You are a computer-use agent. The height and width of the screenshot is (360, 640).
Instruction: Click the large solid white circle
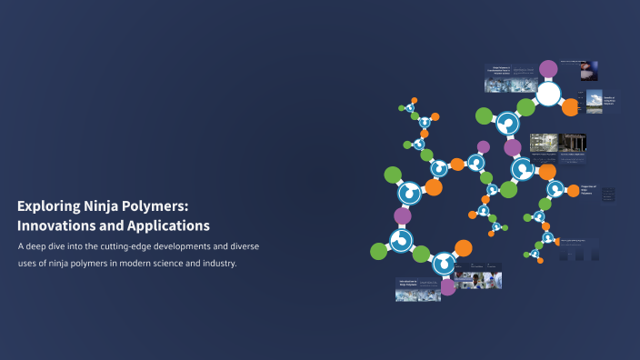(x=547, y=93)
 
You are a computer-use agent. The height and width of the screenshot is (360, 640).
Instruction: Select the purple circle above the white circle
(x=548, y=68)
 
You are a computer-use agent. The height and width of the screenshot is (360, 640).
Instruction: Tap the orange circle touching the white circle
(x=570, y=107)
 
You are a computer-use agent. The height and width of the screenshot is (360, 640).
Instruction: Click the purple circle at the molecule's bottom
(x=447, y=287)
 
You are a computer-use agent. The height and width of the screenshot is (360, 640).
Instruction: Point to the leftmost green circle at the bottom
(x=379, y=250)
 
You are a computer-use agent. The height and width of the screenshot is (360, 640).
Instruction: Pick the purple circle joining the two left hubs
(x=403, y=216)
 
